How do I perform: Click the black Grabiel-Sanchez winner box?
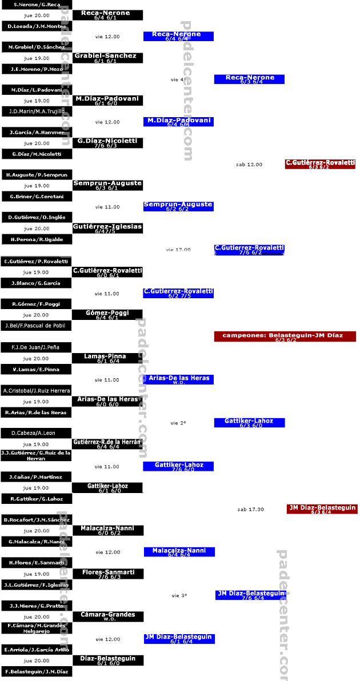[107, 58]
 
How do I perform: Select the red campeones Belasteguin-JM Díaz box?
[285, 337]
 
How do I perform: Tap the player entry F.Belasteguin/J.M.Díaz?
[37, 672]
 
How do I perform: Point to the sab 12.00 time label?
[249, 165]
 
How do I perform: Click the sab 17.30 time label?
[250, 510]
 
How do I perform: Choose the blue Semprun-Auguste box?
[178, 206]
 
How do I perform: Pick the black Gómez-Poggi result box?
[107, 315]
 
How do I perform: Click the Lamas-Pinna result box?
[107, 358]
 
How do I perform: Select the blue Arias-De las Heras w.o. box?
[178, 379]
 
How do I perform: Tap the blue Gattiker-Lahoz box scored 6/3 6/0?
[249, 423]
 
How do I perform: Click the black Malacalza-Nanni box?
[108, 530]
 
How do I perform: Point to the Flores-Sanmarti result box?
[108, 574]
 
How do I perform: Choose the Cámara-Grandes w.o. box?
[108, 616]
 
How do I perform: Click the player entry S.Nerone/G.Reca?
[37, 5]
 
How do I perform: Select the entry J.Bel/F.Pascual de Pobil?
[37, 326]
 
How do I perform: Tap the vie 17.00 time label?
[178, 250]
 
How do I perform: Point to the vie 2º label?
[178, 423]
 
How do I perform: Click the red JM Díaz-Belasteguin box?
[322, 509]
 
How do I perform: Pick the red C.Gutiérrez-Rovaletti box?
[320, 164]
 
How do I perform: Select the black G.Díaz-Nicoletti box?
[107, 143]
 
